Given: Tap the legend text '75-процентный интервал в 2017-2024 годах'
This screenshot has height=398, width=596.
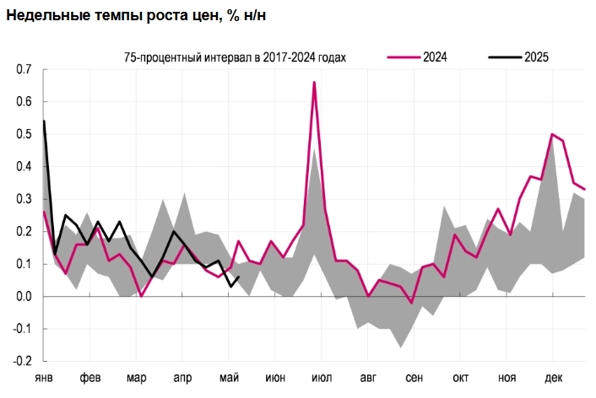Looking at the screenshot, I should click(x=236, y=57).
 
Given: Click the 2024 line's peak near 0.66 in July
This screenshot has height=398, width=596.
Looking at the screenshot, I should click(x=314, y=83).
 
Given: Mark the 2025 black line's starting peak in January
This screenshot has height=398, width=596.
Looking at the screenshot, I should click(x=44, y=121).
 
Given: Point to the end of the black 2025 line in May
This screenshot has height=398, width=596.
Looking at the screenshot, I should click(x=239, y=277).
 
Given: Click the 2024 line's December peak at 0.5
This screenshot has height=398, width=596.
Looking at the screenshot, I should click(x=552, y=134).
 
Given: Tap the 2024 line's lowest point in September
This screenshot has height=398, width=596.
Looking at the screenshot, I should click(x=411, y=302).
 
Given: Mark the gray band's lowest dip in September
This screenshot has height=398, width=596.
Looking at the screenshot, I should click(x=401, y=347).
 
